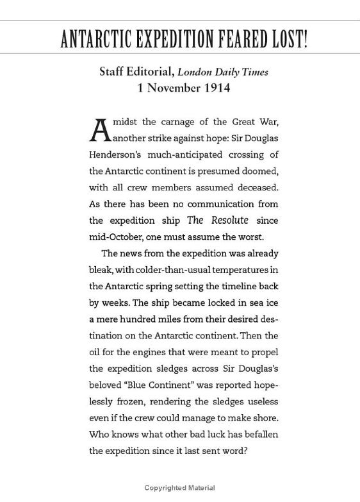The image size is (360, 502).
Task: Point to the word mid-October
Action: pyautogui.click(x=115, y=236)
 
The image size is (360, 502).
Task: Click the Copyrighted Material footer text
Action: pyautogui.click(x=179, y=489)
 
